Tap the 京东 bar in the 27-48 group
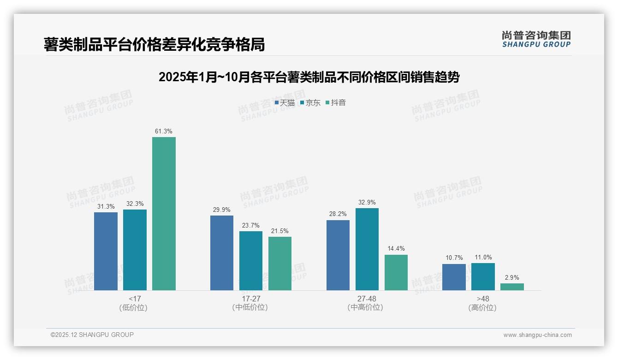click(x=367, y=249)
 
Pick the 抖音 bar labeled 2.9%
click(x=512, y=287)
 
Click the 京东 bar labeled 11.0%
click(x=483, y=276)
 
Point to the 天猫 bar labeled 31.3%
click(x=106, y=251)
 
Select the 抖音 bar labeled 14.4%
click(x=396, y=272)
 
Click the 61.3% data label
click(x=164, y=132)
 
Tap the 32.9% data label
click(x=367, y=202)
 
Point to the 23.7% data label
click(x=251, y=226)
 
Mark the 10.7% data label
click(x=454, y=258)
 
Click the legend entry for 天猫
click(x=285, y=103)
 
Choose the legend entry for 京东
click(x=310, y=103)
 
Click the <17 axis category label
click(x=135, y=299)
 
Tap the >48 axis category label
click(x=483, y=299)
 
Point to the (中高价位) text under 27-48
click(x=365, y=307)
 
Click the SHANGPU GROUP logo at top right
click(x=536, y=39)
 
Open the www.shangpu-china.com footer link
click(x=537, y=335)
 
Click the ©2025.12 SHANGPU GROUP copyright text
click(x=92, y=335)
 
